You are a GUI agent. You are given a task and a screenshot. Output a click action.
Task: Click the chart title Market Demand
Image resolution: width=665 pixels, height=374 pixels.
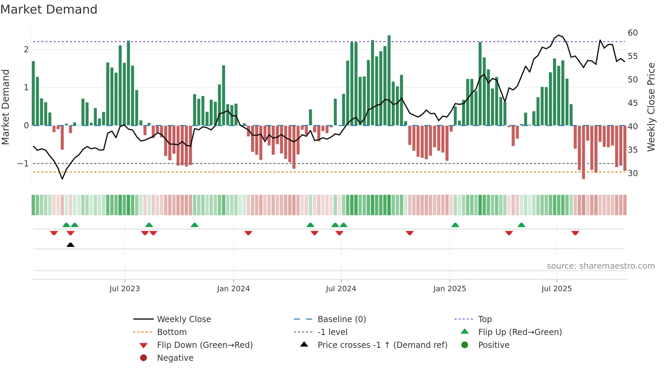click(x=49, y=10)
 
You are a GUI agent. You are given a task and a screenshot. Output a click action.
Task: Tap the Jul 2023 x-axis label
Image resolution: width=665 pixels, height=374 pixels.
click(x=125, y=289)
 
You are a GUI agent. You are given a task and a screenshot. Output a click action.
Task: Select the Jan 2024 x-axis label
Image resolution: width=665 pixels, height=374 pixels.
click(x=233, y=289)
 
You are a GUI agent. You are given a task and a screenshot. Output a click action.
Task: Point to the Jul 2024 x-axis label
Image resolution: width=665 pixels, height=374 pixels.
click(x=341, y=289)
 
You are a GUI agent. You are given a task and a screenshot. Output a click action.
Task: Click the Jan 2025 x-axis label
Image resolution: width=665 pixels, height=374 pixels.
click(x=450, y=289)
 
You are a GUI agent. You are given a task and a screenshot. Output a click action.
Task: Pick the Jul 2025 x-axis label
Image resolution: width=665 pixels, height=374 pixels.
click(x=556, y=289)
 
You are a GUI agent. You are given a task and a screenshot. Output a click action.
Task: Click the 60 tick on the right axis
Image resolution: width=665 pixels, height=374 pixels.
click(x=632, y=33)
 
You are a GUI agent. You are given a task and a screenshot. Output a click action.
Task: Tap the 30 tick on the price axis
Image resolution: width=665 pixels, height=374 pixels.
click(x=632, y=173)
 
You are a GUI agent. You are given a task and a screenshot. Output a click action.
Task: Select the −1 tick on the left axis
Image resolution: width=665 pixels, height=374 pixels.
click(x=23, y=164)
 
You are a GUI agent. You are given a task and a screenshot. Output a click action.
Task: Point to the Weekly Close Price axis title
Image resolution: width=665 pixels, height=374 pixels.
click(x=651, y=107)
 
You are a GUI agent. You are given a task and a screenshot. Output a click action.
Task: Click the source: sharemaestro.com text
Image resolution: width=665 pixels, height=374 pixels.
click(x=601, y=266)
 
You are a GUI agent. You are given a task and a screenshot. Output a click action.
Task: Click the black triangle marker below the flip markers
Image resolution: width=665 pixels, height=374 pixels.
click(x=71, y=245)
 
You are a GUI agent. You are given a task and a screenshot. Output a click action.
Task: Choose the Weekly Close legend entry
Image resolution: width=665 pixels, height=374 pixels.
click(x=184, y=319)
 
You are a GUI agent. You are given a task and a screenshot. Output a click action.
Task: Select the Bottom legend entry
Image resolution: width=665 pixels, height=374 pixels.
click(x=172, y=332)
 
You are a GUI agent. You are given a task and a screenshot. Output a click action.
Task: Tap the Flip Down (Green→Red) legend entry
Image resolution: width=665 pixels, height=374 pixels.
click(x=205, y=345)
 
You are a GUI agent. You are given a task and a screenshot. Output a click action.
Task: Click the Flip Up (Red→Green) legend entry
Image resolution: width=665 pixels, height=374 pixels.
click(x=520, y=332)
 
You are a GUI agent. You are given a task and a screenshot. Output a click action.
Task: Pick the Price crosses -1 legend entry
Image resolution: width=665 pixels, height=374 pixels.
click(x=382, y=345)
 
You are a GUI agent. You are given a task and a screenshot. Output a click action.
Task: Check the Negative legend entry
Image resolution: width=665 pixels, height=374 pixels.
click(x=175, y=358)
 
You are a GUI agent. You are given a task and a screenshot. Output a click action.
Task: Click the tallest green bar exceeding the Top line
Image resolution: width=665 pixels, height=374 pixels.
click(x=389, y=80)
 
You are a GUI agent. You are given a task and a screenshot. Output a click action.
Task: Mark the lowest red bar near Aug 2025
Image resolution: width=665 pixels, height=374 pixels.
click(x=583, y=153)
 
